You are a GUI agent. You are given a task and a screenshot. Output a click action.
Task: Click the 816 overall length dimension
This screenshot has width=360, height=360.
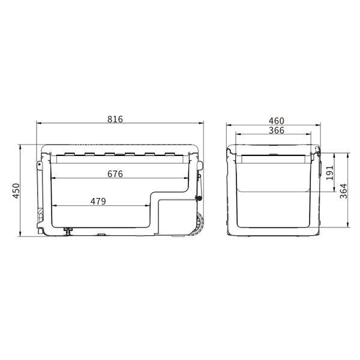click(x=115, y=119)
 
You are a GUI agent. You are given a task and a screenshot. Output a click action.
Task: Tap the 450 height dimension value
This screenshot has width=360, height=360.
click(x=16, y=191)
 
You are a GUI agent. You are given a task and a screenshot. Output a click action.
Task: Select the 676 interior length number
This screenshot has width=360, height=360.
click(x=115, y=174)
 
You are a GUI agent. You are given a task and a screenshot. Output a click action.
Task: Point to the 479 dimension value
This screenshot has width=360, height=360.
click(x=98, y=202)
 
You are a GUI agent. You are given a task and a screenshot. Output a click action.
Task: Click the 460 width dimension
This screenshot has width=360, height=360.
click(x=277, y=121)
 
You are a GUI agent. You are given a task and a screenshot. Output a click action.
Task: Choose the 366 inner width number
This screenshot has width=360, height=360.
click(x=277, y=130)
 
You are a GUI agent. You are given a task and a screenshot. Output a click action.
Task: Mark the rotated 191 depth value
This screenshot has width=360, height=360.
click(x=329, y=173)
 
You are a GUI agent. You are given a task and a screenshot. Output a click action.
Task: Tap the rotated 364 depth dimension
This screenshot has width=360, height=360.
click(x=344, y=191)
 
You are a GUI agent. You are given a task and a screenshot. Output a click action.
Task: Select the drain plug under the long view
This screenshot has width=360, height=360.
click(x=68, y=231)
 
